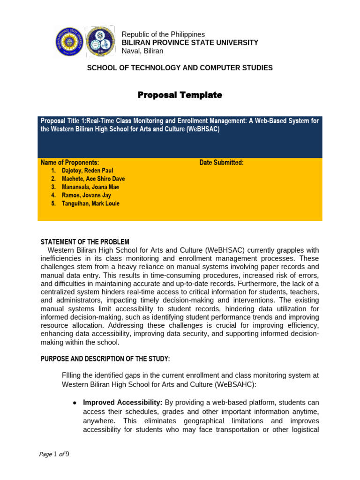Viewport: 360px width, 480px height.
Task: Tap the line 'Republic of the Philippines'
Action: (163, 35)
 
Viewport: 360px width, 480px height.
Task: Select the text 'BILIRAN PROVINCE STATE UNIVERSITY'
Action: (190, 43)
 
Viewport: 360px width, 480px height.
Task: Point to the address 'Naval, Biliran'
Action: (142, 51)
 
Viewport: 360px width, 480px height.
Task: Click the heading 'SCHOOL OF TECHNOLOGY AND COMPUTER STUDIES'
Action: (180, 68)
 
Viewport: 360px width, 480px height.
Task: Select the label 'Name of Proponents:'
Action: (70, 163)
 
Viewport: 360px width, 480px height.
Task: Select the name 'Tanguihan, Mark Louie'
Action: (90, 203)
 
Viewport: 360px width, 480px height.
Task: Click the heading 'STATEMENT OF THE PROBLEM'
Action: (85, 242)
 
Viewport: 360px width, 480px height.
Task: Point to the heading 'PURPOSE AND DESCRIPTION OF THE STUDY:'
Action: (105, 359)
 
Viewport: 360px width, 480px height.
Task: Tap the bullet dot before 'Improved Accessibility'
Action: (75, 403)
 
